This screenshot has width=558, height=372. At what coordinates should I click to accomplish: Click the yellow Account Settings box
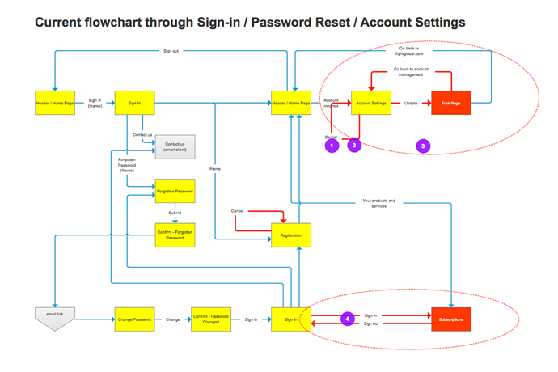(372, 104)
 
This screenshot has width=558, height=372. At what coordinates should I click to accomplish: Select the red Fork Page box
(451, 104)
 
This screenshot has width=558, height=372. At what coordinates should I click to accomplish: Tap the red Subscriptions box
(451, 320)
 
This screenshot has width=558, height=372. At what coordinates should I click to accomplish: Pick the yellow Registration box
(290, 235)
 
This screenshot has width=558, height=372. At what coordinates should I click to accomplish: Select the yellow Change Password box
(134, 320)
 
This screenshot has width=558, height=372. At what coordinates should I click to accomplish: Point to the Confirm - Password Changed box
(212, 320)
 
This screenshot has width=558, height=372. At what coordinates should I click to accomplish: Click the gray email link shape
(55, 318)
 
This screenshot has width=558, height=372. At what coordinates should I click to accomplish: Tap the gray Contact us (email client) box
(175, 146)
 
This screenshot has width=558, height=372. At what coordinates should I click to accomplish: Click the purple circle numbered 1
(331, 146)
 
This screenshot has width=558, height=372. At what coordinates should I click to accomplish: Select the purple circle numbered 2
(353, 146)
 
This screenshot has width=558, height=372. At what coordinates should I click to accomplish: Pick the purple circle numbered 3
(424, 146)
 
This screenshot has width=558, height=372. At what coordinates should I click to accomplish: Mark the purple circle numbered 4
(348, 319)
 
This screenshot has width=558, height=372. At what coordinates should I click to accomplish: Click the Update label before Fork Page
(411, 104)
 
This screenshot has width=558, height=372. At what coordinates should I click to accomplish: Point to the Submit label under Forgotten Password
(174, 213)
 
